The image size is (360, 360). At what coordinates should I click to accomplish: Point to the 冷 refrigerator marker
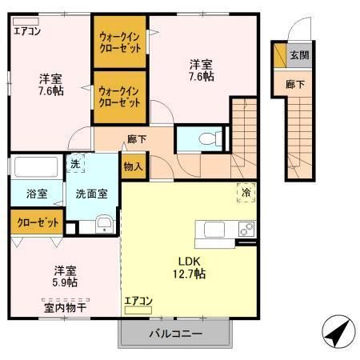[246, 191]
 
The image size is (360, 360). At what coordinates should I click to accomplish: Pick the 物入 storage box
[132, 167]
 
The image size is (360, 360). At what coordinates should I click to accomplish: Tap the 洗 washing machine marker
[74, 163]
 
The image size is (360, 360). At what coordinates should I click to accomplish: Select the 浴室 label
[36, 194]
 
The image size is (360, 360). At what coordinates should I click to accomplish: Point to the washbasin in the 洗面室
[103, 224]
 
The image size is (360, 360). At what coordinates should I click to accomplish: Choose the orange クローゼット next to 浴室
[37, 221]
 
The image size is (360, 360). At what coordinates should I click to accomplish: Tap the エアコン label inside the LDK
[138, 301]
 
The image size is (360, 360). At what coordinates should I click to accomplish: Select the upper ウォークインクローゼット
[121, 42]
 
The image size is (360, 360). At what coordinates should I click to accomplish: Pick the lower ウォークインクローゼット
[121, 98]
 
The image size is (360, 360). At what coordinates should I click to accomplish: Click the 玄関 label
[298, 55]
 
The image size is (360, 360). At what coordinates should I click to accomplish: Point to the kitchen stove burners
[246, 230]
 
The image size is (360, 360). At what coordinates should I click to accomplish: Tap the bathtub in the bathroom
[36, 169]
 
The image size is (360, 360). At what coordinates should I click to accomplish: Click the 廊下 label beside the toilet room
[136, 138]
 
